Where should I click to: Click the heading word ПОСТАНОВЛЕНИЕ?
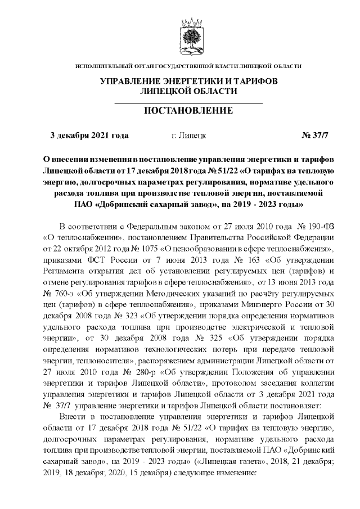[188, 110]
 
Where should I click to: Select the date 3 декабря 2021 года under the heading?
[89, 136]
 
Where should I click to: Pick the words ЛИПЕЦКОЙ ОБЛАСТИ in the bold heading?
[188, 91]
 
